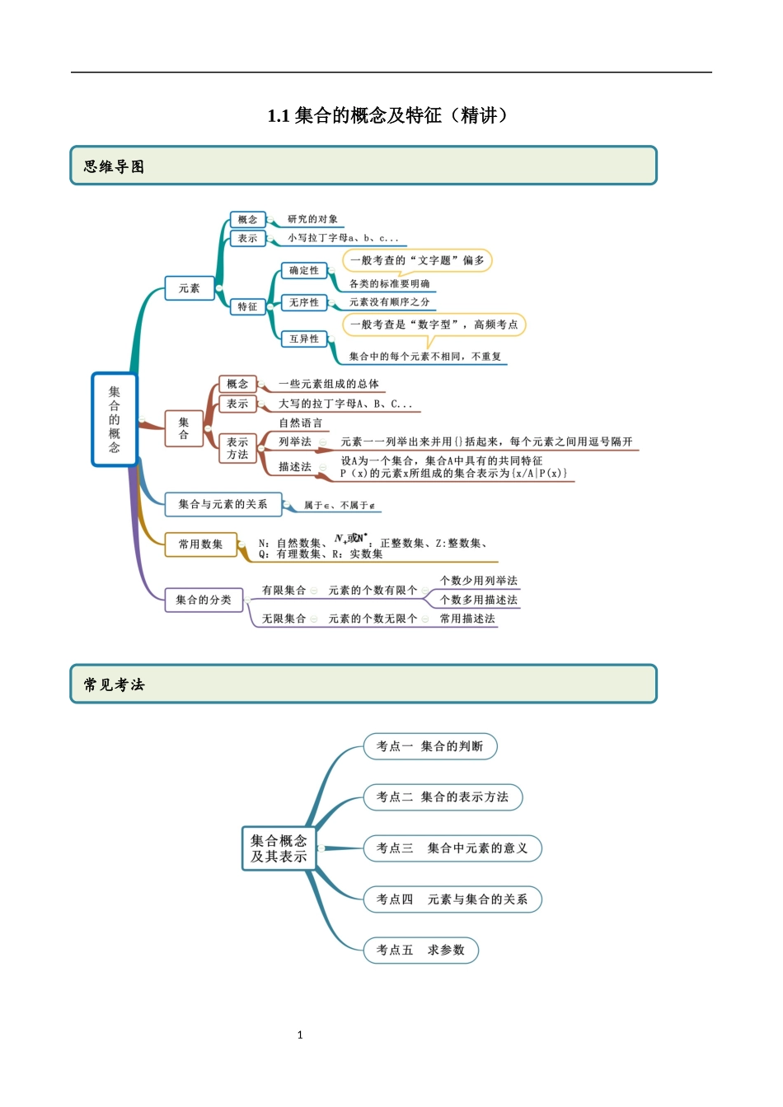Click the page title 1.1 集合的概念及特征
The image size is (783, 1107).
387,115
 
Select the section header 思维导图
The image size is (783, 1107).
114,166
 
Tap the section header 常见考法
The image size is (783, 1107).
114,684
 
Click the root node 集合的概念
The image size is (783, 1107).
115,419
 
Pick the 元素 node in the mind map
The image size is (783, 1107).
190,288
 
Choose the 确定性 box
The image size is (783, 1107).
304,270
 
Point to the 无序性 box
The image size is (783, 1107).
304,302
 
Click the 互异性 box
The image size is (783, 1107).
304,339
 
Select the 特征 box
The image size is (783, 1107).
247,306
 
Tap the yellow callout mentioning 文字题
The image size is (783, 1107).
417,260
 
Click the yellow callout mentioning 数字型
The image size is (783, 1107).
434,325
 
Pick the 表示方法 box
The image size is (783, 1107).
237,448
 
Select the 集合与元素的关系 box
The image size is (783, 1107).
223,504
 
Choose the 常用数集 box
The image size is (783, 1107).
200,544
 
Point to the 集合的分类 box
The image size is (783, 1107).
204,600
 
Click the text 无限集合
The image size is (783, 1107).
284,619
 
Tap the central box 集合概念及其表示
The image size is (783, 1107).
279,848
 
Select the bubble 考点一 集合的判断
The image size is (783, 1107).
429,746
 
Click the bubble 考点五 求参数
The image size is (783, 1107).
420,950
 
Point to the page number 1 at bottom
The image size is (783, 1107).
300,1035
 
